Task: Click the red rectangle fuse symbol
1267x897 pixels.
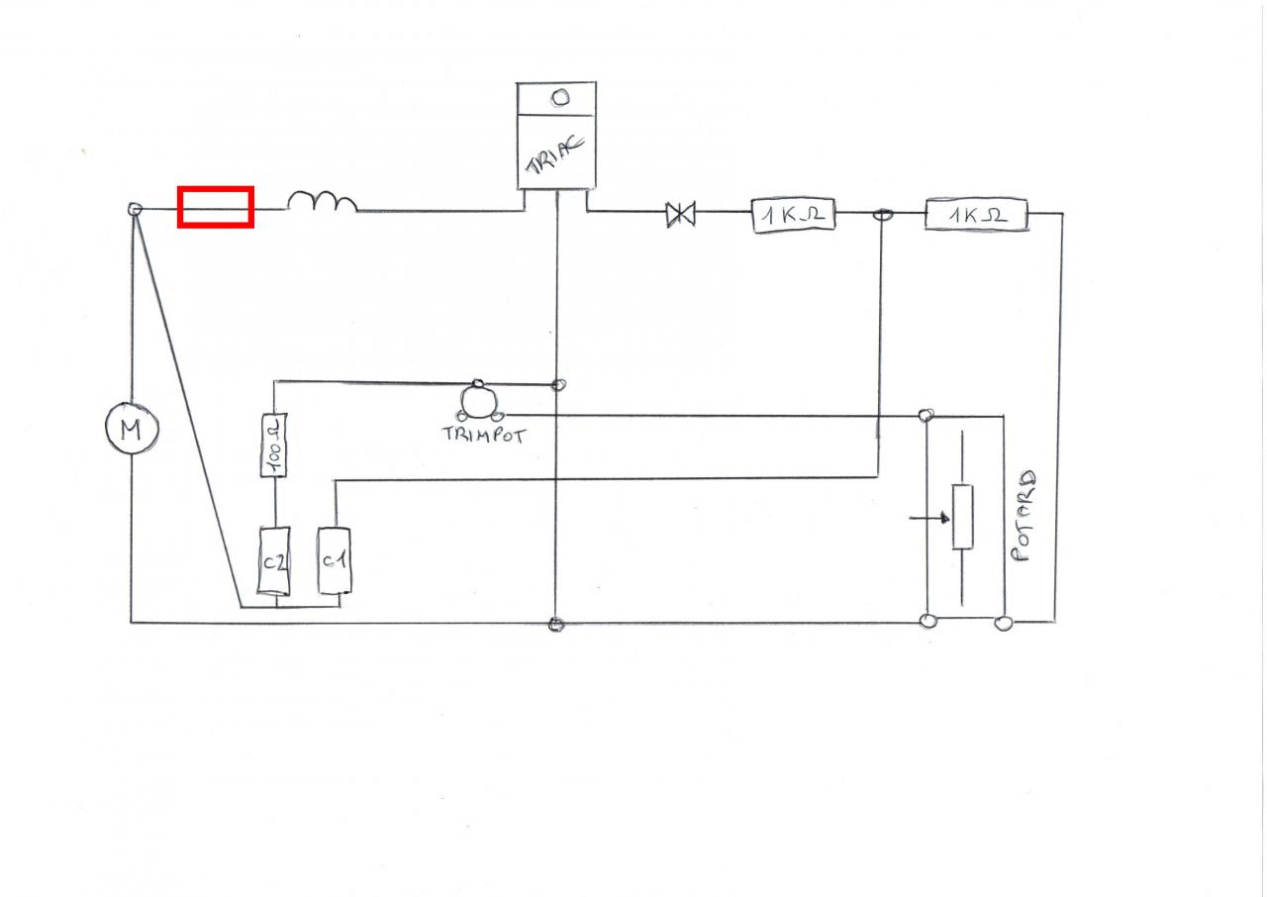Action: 215,207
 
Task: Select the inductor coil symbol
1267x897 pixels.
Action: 322,202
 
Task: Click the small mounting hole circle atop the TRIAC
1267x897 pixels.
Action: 559,98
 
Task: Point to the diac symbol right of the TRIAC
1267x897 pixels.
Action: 680,213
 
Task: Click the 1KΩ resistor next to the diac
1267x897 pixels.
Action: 793,215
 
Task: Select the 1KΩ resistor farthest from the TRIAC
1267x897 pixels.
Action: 976,215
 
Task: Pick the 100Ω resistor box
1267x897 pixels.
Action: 274,446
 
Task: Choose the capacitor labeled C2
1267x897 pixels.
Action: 274,561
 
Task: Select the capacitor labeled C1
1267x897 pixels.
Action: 334,560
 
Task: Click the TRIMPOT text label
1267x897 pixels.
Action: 483,434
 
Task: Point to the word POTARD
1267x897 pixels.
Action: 1027,516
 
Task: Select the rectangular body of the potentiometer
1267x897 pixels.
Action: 961,517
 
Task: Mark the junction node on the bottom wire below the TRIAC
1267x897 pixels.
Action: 555,624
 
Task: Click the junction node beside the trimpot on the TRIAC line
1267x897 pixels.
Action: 558,383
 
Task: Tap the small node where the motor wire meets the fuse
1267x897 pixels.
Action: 136,209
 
